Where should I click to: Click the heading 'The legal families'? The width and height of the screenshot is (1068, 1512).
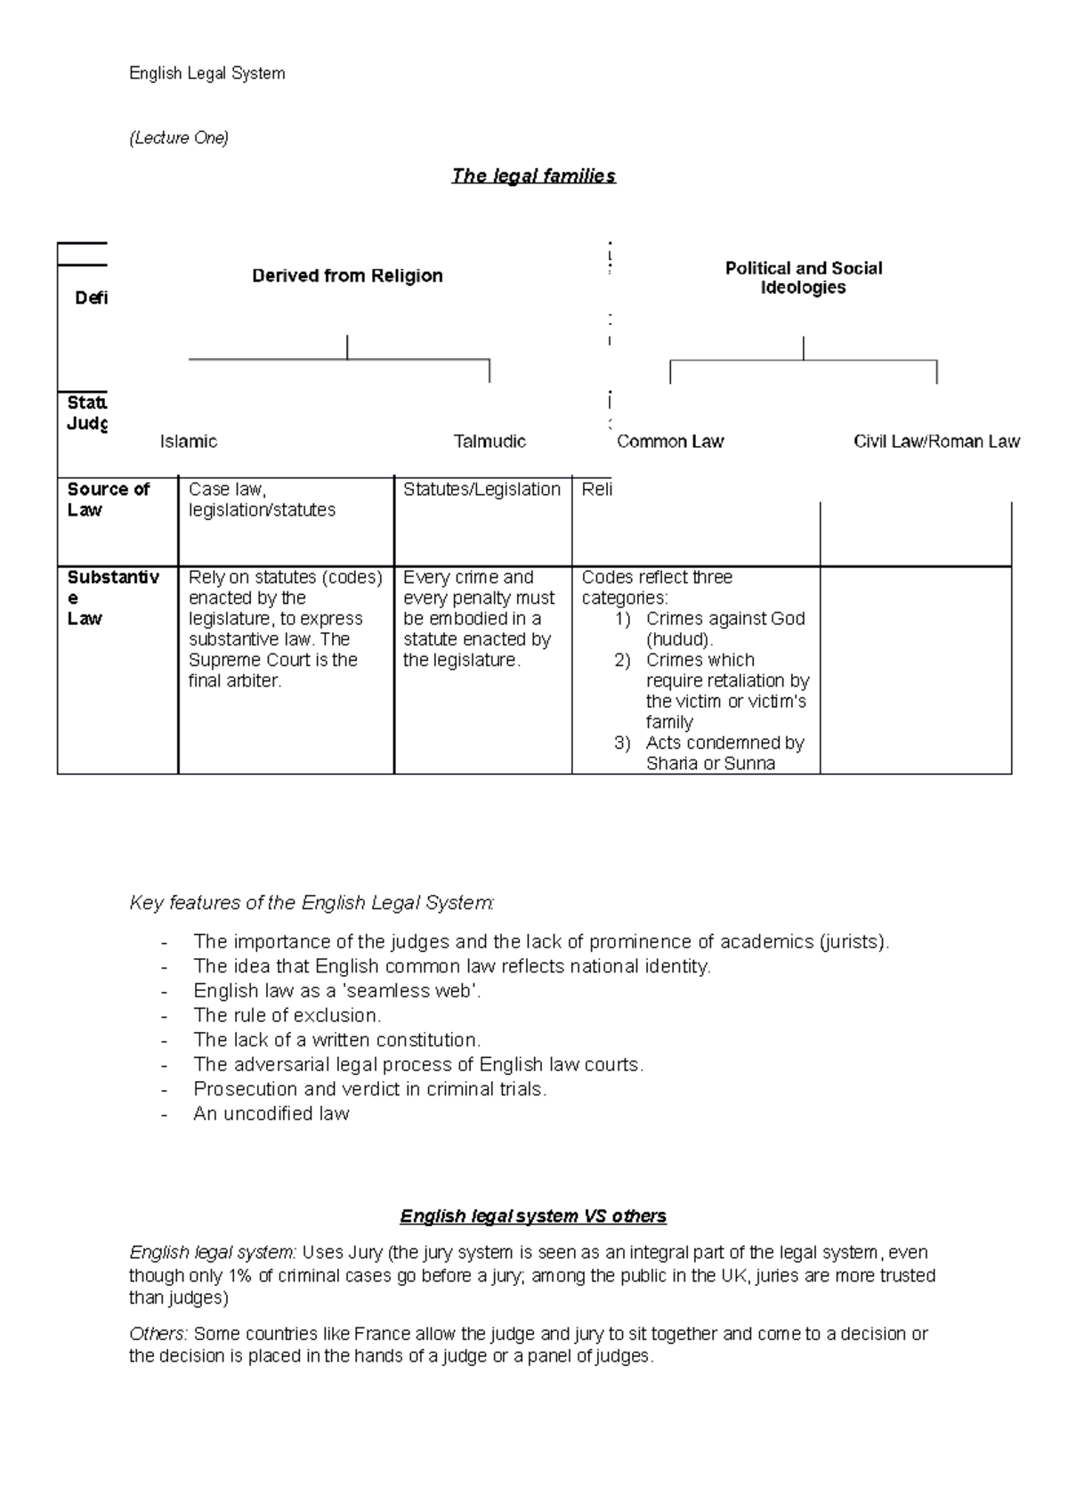pos(533,175)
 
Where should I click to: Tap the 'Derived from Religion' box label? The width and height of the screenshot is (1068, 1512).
pos(347,276)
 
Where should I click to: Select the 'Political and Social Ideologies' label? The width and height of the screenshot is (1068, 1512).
pos(803,278)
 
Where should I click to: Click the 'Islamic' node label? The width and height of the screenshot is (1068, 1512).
pos(189,442)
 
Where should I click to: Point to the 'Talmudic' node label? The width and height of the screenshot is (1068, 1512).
pos(489,442)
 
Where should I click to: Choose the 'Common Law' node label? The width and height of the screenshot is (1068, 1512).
pos(670,442)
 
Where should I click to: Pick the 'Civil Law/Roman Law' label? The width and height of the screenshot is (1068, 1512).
pos(936,442)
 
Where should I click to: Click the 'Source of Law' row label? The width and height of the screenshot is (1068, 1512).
pos(108,500)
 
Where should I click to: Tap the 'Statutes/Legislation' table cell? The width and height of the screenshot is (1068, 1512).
pos(481,490)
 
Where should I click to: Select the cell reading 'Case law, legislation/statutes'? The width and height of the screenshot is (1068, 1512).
pos(262,500)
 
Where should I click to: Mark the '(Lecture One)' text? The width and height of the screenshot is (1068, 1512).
pos(179,138)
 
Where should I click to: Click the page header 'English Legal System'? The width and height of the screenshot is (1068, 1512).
pos(207,74)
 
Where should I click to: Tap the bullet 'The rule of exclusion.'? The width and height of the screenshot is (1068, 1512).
pos(287,1015)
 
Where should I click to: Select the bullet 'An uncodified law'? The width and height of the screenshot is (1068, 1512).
pos(271,1114)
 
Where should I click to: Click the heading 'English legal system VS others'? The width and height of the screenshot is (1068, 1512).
pos(533,1216)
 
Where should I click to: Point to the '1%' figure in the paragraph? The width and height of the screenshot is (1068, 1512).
pos(239,1275)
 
